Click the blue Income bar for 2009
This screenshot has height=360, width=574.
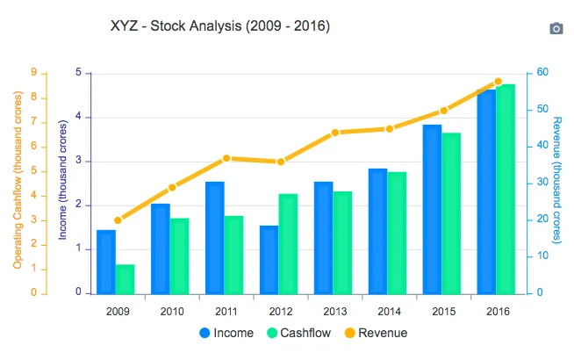(106, 262)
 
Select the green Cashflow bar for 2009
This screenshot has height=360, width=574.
(126, 278)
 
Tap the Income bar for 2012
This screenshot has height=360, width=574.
(269, 259)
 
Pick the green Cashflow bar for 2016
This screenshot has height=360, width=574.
(506, 189)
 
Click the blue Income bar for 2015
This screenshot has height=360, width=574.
(433, 209)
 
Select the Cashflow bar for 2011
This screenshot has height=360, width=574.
(233, 255)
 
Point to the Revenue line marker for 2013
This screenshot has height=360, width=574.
(335, 133)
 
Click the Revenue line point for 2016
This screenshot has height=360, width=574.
(498, 82)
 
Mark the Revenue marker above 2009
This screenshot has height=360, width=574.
(118, 220)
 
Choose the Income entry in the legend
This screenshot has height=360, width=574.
(227, 333)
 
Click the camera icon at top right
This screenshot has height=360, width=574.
(556, 28)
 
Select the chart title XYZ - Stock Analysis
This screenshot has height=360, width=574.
(220, 26)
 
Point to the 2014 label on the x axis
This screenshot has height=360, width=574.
(390, 312)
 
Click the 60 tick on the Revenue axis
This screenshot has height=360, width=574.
(543, 73)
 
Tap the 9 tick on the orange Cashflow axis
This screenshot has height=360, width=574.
(32, 73)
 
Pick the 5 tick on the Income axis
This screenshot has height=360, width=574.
(78, 73)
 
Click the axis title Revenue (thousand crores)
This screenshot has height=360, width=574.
(558, 182)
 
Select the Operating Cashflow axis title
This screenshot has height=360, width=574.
(17, 183)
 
